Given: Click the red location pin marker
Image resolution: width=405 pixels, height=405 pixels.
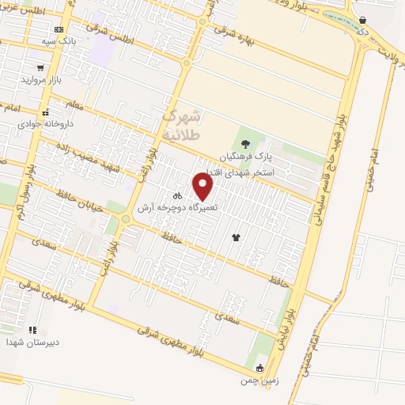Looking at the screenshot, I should pyautogui.click(x=203, y=187).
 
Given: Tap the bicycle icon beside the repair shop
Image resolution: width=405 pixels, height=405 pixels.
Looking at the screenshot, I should pyautogui.click(x=179, y=195).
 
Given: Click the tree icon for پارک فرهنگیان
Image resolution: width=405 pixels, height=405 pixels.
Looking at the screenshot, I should pyautogui.click(x=246, y=144).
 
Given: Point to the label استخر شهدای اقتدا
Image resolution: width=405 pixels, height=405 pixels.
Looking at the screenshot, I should pyautogui.click(x=240, y=172).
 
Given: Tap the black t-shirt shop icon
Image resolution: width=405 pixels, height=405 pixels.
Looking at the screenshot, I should pyautogui.click(x=235, y=237).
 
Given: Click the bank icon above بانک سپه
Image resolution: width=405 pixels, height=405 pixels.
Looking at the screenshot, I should pyautogui.click(x=59, y=29).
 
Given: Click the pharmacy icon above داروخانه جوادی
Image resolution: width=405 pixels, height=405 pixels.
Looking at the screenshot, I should pyautogui.click(x=46, y=112).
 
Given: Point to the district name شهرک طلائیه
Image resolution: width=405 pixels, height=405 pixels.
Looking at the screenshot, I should pyautogui.click(x=183, y=124).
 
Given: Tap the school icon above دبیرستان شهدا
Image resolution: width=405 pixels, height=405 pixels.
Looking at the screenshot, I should pyautogui.click(x=32, y=330).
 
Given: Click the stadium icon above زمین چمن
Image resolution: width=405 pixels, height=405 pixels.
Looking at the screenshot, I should pyautogui.click(x=259, y=368).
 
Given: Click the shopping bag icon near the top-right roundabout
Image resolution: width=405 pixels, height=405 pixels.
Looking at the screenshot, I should pyautogui.click(x=362, y=21).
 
